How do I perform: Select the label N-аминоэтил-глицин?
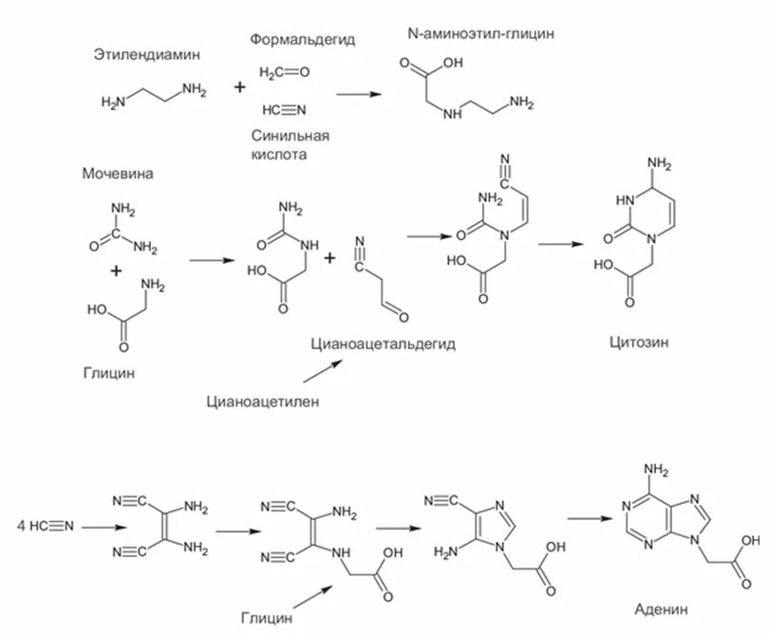479,34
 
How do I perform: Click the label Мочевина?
118,174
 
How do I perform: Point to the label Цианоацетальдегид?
383,344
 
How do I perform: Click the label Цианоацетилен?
263,402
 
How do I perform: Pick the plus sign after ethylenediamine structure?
239,87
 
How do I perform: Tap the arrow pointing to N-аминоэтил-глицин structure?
360,93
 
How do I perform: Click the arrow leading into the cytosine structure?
561,243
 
